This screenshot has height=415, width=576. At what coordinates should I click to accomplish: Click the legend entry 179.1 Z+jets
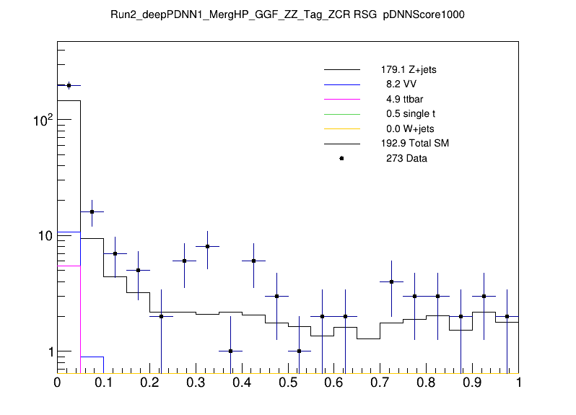[409, 71]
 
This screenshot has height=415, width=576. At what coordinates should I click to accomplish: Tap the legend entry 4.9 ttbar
[404, 100]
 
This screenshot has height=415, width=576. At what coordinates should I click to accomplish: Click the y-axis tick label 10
[44, 236]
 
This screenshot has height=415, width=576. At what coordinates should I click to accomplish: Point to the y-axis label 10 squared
[42, 120]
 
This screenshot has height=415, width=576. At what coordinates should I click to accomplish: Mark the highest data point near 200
[69, 85]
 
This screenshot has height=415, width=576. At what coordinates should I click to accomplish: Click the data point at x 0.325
[207, 246]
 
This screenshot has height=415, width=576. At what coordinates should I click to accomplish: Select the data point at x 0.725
[391, 281]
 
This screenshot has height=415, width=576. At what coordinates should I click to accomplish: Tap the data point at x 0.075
[92, 211]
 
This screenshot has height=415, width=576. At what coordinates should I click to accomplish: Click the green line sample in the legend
[341, 114]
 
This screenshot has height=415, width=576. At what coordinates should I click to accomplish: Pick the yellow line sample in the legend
[341, 129]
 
